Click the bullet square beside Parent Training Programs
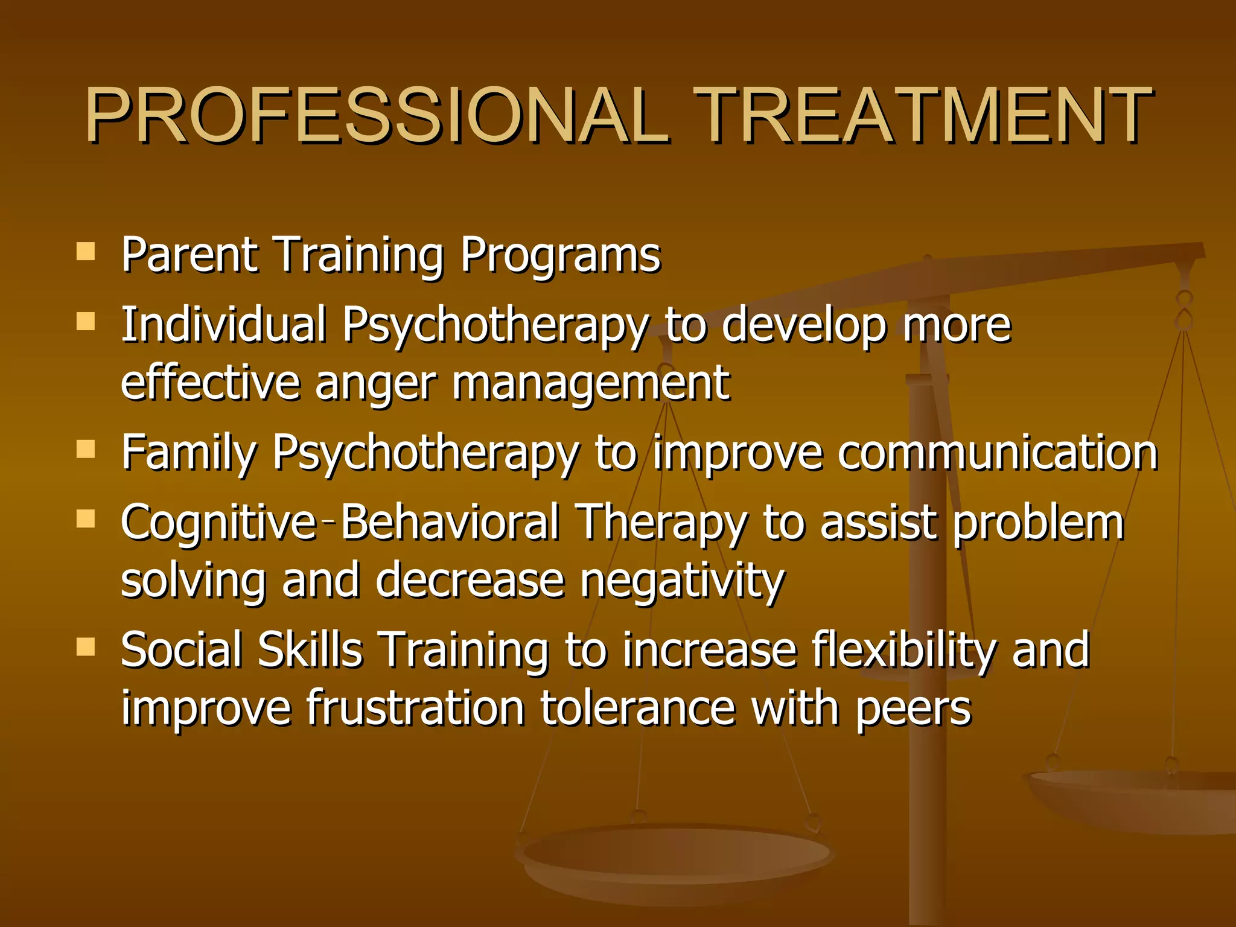86,251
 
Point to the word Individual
223,324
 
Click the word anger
375,384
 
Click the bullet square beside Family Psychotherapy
86,449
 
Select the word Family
188,453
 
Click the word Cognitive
217,523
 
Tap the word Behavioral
450,521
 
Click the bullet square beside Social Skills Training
86,648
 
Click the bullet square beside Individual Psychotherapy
86,321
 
